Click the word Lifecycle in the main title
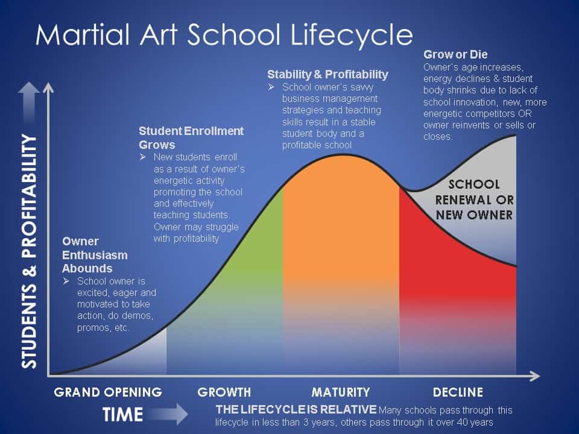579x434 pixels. tap(351, 36)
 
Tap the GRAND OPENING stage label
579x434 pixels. tap(108, 392)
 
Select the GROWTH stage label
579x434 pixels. tap(224, 392)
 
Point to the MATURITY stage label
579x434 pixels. tap(340, 392)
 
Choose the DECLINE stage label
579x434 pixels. tap(458, 392)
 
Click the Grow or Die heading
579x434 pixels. tap(455, 55)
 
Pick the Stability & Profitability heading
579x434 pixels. tap(327, 75)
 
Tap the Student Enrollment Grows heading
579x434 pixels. tap(191, 137)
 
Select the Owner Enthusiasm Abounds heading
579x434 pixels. tap(95, 254)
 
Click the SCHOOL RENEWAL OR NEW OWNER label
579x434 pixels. tap(474, 200)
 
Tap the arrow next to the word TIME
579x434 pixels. tap(169, 414)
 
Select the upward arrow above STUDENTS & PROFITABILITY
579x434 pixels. tap(29, 102)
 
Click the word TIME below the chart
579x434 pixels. tap(122, 414)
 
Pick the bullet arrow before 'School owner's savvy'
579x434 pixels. tap(271, 87)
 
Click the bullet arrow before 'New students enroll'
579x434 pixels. tap(143, 157)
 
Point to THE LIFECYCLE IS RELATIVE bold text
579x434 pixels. tap(296, 409)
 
